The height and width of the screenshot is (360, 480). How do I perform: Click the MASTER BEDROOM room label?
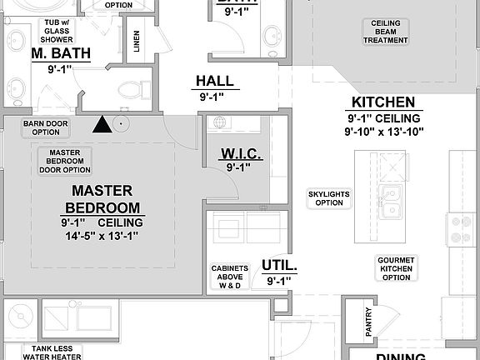coord(102,199)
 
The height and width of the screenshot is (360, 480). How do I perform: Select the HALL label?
coord(215,82)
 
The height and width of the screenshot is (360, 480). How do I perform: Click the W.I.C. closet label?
coord(242,153)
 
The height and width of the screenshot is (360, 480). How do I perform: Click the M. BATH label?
coord(61,54)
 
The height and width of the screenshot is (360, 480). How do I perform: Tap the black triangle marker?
coord(102,125)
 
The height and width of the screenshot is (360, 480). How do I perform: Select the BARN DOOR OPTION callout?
coord(46,127)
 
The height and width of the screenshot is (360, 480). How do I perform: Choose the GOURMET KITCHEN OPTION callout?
coord(397,268)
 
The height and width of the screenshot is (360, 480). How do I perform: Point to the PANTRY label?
coord(368,322)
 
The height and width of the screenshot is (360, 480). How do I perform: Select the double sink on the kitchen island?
coord(389,200)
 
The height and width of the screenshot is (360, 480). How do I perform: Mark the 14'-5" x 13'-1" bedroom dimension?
coord(102,236)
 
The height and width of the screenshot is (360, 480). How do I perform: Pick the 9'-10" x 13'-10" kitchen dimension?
coord(385,131)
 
